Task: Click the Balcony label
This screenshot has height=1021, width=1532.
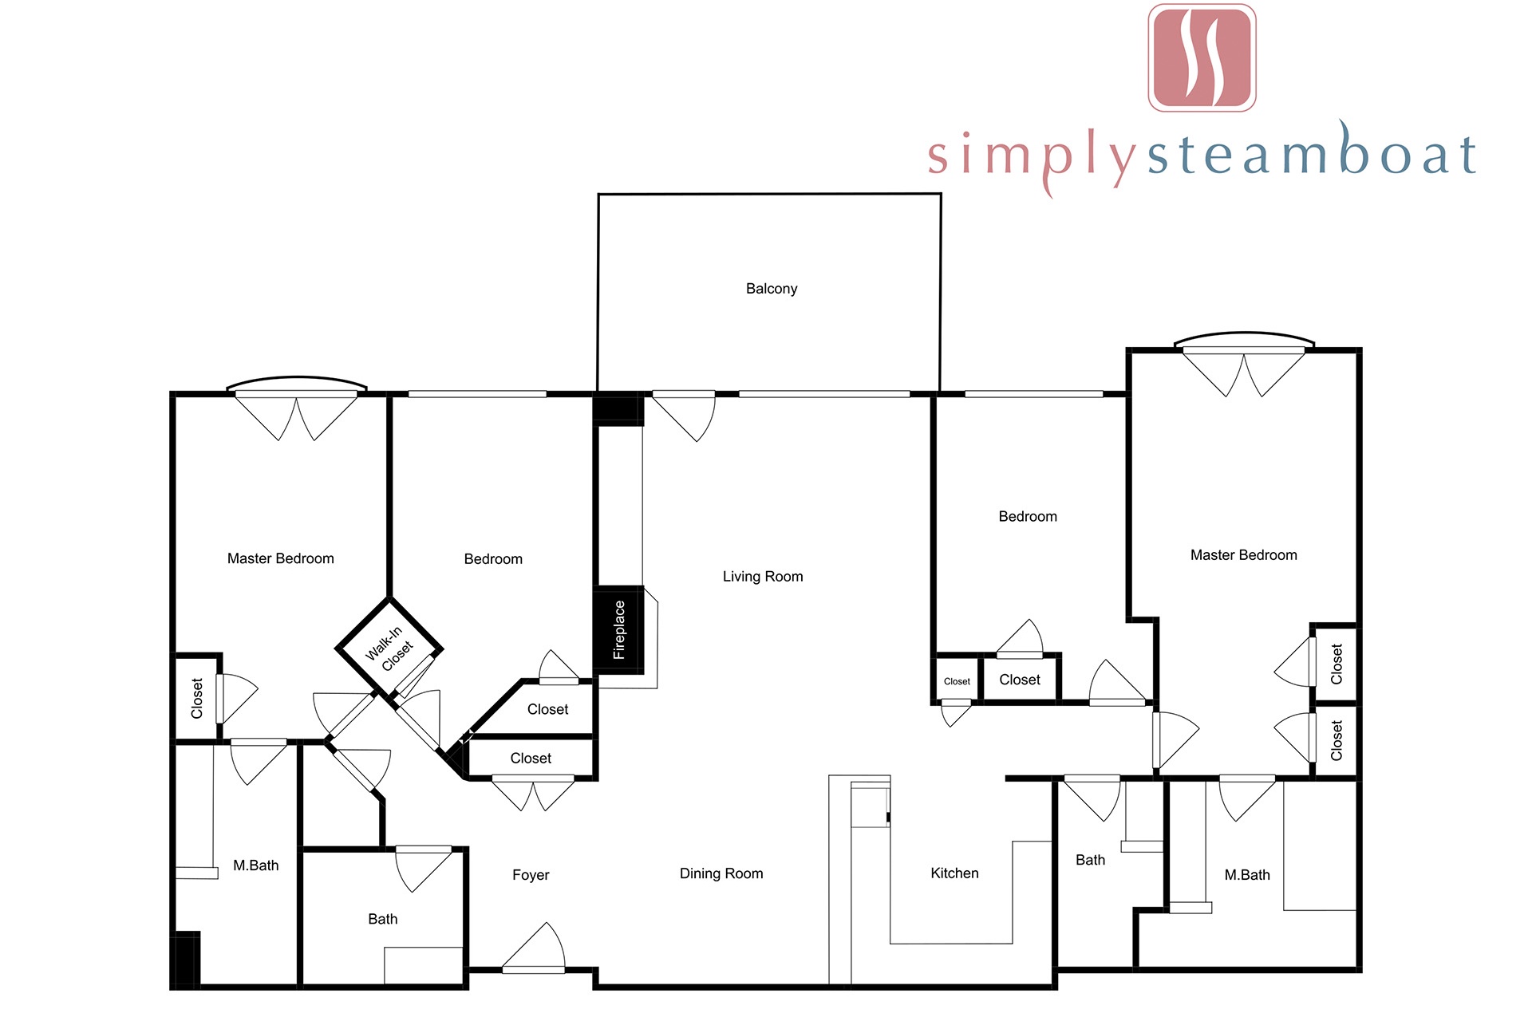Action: (772, 289)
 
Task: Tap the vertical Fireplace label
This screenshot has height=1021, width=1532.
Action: (619, 630)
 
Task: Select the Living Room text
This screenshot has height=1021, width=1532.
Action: (763, 577)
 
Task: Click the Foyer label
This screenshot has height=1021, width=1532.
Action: (531, 875)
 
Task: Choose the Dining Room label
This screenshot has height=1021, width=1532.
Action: (721, 873)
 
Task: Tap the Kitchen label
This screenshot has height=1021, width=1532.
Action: (954, 873)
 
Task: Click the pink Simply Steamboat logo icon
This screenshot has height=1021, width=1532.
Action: (1202, 57)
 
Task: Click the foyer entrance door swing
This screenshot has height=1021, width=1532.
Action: (533, 948)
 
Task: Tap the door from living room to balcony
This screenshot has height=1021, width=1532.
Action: (684, 416)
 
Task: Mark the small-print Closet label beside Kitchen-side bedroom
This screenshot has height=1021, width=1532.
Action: (957, 681)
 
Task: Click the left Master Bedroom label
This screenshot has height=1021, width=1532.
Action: (281, 558)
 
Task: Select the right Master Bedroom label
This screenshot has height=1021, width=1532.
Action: (1244, 555)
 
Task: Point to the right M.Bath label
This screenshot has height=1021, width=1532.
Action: (1247, 875)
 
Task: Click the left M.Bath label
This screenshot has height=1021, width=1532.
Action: (256, 865)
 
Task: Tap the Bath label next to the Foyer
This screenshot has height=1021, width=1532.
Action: (383, 919)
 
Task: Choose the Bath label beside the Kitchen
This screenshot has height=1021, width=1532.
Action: (1090, 860)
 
